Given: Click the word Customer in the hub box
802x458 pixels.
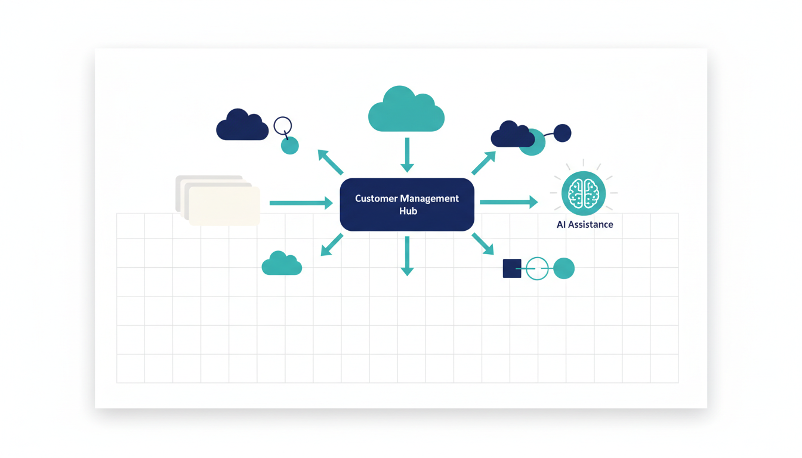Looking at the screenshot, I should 377,199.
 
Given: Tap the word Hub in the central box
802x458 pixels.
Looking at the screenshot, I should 408,211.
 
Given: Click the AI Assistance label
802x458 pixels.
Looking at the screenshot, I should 585,225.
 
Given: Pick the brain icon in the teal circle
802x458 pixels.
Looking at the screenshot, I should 584,193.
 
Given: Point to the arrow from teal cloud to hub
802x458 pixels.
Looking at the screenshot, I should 407,154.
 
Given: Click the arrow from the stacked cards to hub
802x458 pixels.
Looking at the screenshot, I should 301,203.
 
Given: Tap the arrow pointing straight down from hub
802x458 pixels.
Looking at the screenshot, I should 407,255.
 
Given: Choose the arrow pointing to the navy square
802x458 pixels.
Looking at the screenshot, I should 483,243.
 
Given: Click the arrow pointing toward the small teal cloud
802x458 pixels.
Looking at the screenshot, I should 332,245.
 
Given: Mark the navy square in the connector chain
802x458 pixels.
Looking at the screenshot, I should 512,268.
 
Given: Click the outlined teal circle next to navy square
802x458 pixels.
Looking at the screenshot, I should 537,268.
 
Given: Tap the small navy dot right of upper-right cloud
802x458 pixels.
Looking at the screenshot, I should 562,133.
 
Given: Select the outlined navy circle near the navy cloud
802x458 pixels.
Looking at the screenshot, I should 283,126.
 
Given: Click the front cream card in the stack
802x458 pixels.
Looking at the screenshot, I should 224,206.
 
